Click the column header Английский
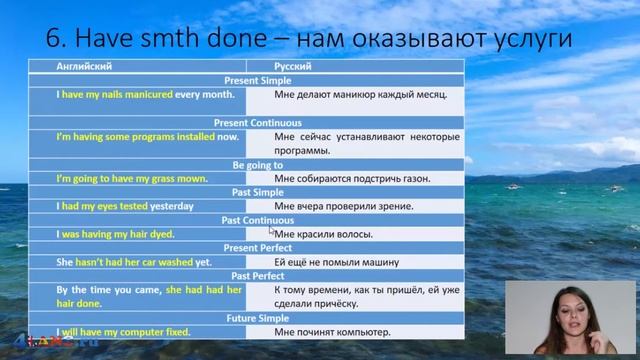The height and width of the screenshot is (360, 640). coord(58,66)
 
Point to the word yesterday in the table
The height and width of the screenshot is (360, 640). coord(173,206)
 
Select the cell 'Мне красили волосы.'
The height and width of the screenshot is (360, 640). coord(323,234)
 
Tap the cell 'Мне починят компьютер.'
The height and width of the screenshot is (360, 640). coord(332,331)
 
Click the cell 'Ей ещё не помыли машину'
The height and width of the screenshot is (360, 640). coord(337,261)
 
